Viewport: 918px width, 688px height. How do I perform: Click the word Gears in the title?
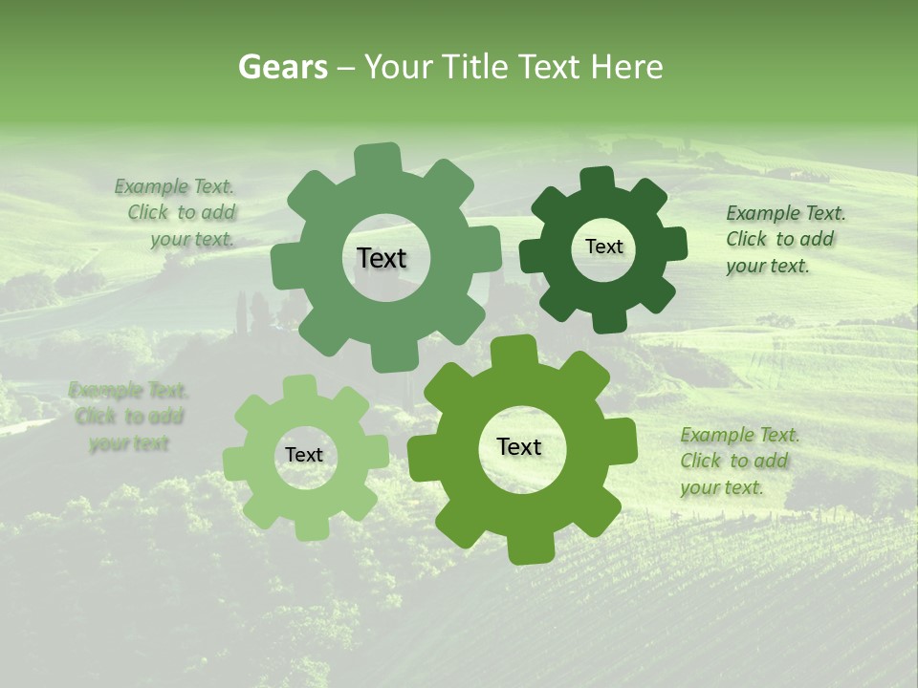pos(282,67)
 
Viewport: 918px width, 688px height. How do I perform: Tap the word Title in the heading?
pos(478,67)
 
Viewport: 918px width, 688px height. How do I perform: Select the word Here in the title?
pos(627,67)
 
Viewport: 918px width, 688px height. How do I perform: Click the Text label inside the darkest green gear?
pos(603,247)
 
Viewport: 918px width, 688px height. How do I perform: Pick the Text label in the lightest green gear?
pos(304,455)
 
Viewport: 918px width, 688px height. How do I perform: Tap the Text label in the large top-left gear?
pos(382,258)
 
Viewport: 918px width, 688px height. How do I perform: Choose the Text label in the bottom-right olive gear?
pos(519,447)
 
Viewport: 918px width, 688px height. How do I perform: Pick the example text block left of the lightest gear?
pos(128,417)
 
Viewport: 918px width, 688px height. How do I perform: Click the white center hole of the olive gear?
pos(519,468)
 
